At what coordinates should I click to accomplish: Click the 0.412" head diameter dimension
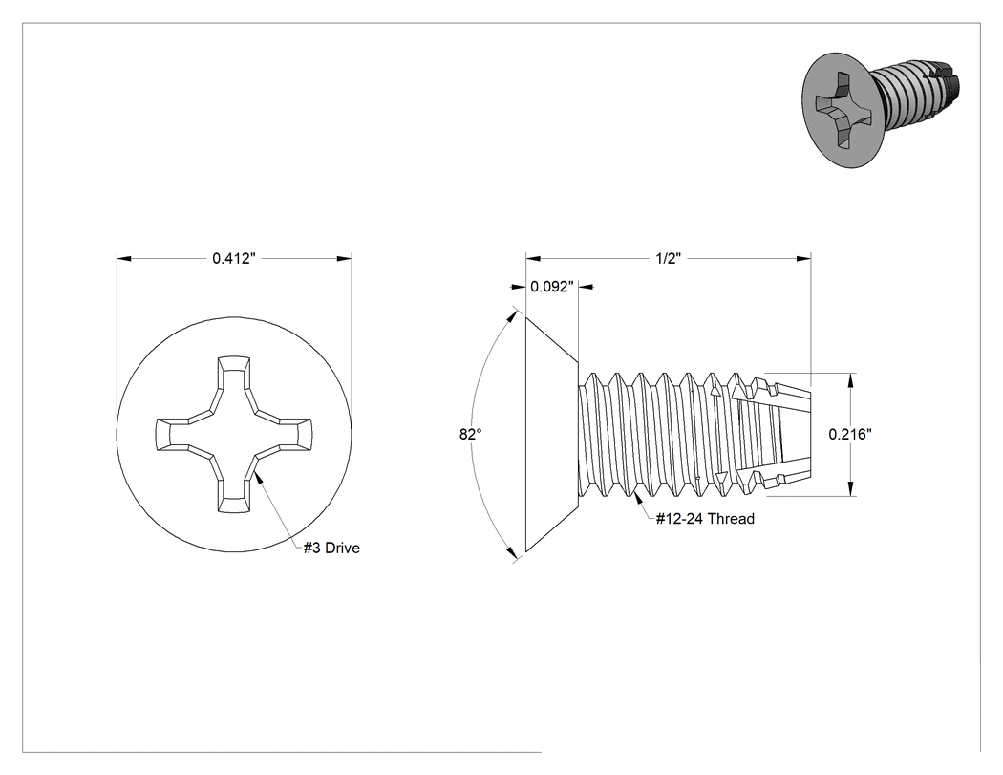[234, 259]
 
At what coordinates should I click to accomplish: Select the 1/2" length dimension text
[668, 259]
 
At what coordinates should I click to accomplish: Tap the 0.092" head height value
[552, 287]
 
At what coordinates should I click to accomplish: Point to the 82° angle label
[470, 435]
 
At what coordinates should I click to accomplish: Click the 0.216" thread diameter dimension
[850, 434]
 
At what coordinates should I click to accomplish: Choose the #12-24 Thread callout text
[706, 518]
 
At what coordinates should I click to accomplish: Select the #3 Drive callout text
[331, 548]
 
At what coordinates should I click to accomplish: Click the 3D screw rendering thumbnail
[882, 110]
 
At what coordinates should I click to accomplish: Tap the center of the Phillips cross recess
[233, 435]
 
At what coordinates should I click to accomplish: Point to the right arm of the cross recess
[284, 434]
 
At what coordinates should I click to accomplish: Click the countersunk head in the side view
[549, 434]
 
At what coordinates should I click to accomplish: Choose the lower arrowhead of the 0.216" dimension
[850, 488]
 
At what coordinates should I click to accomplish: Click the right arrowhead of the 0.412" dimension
[344, 259]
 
